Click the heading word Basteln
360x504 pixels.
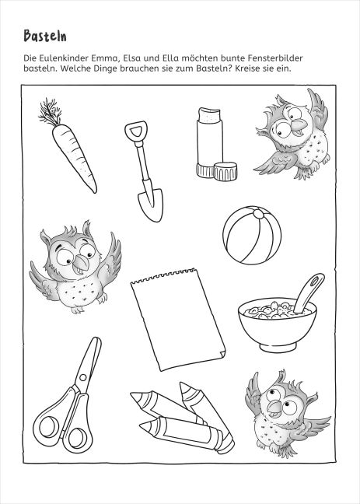pos(45,36)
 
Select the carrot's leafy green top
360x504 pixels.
pos(50,112)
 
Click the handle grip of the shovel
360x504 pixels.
pos(136,131)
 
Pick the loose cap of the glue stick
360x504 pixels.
pos(225,171)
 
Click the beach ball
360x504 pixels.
pos(252,235)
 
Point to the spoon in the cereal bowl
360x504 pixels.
pos(309,292)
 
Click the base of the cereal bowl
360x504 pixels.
pos(278,348)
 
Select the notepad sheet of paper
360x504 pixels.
pos(178,319)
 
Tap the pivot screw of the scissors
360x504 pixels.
pos(83,377)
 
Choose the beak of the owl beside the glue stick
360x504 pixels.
pos(299,126)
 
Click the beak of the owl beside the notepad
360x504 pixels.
pos(80,262)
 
